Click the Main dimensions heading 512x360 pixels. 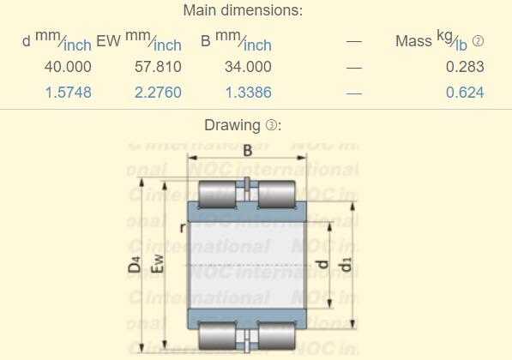[x=243, y=11]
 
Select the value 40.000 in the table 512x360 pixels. [x=68, y=67]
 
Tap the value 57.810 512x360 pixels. [x=158, y=67]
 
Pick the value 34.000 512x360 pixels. [x=248, y=67]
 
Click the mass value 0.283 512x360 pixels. [x=465, y=67]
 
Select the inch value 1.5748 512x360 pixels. [x=68, y=92]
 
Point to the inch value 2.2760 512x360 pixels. [x=158, y=92]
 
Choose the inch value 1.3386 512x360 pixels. [x=248, y=92]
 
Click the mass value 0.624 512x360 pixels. [x=465, y=92]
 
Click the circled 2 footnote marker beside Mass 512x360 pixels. [x=479, y=41]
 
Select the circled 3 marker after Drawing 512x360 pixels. [x=271, y=126]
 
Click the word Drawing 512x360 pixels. [x=232, y=126]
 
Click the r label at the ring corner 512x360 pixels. [x=182, y=228]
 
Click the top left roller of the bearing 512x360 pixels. [x=220, y=197]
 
